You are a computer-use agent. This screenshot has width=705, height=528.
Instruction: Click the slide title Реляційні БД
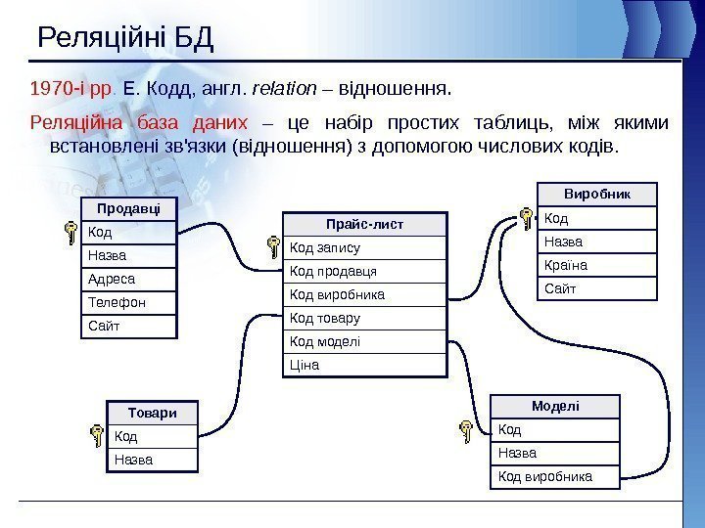tap(124, 39)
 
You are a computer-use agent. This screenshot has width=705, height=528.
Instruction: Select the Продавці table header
tap(129, 208)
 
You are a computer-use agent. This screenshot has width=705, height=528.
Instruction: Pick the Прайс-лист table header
tap(365, 224)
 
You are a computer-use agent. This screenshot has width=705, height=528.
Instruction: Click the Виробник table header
tap(598, 194)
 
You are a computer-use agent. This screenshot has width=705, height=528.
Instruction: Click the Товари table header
tap(152, 412)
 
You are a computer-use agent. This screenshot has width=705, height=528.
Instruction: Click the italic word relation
tap(284, 90)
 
